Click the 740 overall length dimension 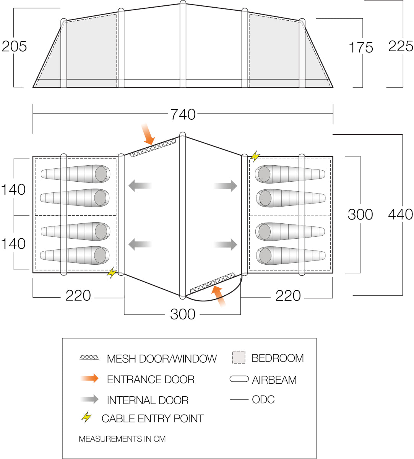point(183,114)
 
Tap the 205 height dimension point(15,46)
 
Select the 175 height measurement point(361,48)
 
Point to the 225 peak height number point(401,46)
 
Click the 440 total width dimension point(400,214)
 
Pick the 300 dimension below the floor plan point(183,314)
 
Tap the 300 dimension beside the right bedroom point(360,215)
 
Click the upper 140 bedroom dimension point(14,190)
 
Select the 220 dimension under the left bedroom point(78,296)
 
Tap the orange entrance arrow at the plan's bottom point(219,296)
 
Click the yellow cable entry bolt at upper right point(255,156)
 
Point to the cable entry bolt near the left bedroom point(112,272)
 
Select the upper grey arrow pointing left point(140,186)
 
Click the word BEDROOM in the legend point(278,358)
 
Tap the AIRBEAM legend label point(274,380)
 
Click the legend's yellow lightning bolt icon point(87,417)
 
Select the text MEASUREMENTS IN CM point(122,439)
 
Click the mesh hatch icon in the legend point(89,358)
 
